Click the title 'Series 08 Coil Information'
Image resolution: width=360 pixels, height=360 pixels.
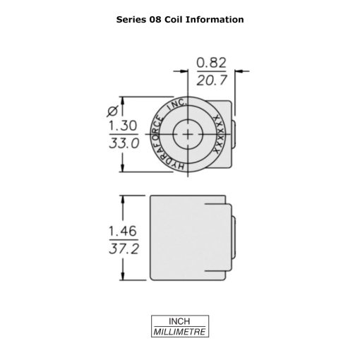tap(179, 19)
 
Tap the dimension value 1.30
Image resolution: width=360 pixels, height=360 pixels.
tap(122, 125)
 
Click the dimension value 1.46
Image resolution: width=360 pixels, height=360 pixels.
tap(122, 231)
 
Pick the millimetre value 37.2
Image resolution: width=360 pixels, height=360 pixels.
tap(122, 248)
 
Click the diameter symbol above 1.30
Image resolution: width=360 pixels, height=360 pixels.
tap(111, 109)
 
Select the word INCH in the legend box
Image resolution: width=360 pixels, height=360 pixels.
tap(179, 321)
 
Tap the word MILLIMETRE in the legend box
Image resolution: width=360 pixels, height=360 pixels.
tap(179, 331)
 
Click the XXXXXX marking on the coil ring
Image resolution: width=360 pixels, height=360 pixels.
tap(218, 133)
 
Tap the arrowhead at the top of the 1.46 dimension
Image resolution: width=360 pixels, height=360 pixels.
tap(124, 200)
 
